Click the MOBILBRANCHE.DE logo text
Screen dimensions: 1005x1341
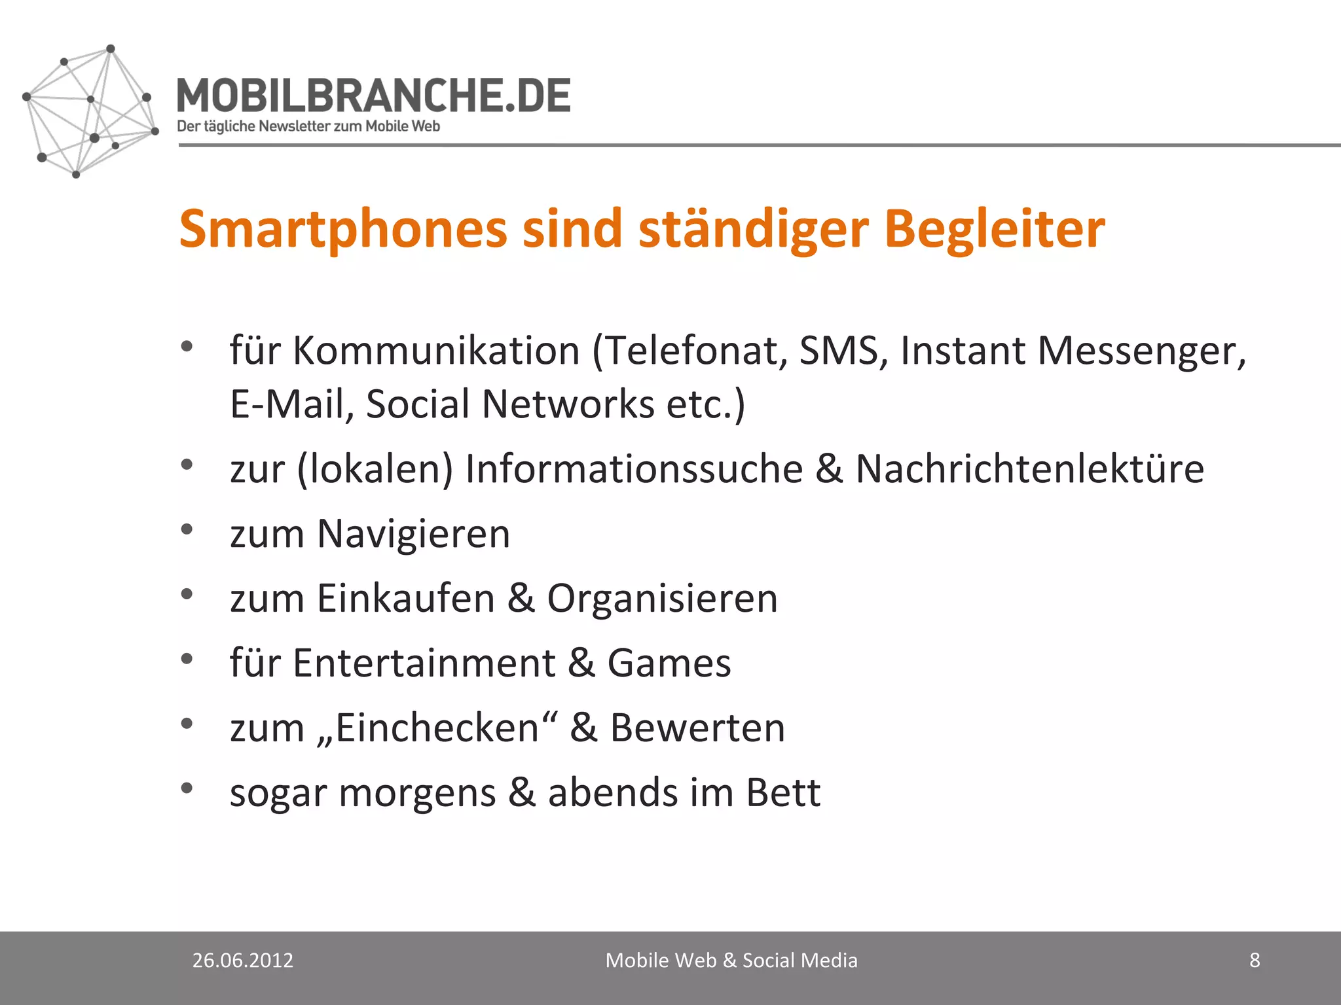coord(373,96)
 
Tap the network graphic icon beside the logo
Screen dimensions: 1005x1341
coord(90,111)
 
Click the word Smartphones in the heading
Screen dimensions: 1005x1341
coord(343,229)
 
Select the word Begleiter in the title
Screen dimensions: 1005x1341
coord(994,229)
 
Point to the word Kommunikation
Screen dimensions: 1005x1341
coord(436,351)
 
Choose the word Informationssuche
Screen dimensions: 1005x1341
coord(634,468)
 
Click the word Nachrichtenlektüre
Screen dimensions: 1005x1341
coord(1029,468)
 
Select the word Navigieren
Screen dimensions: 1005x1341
coord(413,533)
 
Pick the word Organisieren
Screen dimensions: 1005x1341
coord(662,598)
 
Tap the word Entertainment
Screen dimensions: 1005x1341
coord(424,663)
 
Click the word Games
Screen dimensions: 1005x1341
coord(669,663)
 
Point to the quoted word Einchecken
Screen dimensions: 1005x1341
coord(436,728)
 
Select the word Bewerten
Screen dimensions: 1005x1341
coord(697,728)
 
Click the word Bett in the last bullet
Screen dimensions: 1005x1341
coord(783,792)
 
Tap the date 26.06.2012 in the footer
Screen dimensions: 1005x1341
coord(243,960)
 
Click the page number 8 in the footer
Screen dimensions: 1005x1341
coord(1255,960)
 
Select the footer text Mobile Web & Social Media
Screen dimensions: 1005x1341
coord(731,960)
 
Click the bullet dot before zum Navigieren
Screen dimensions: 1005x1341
coord(187,529)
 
